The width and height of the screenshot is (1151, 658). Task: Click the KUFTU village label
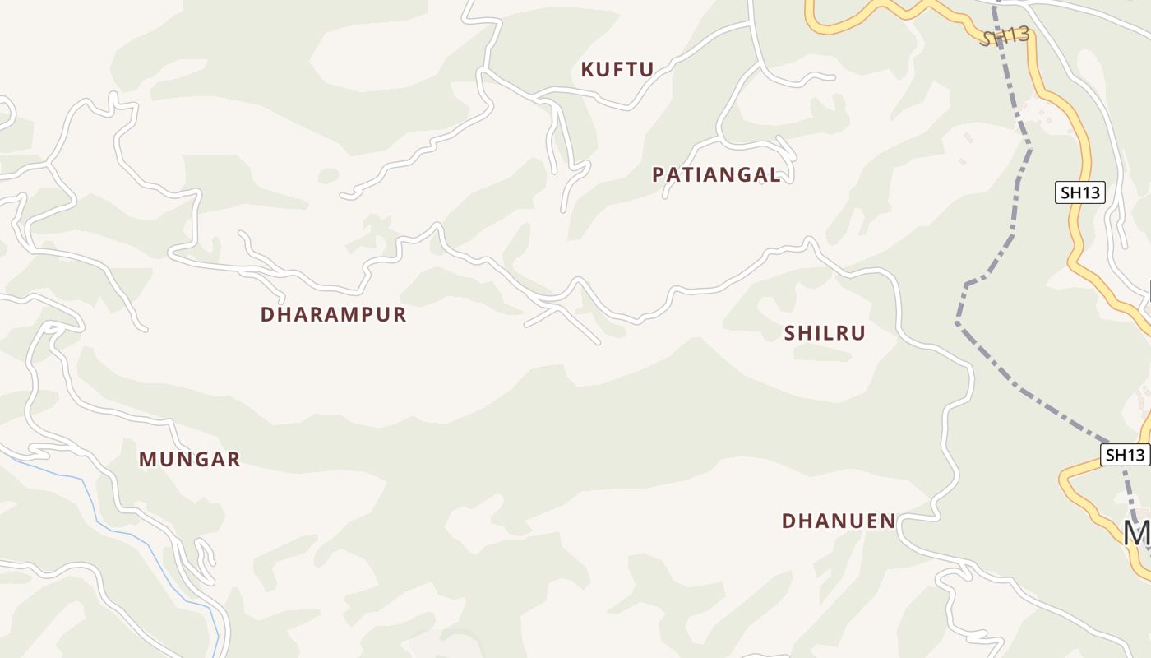[x=617, y=69]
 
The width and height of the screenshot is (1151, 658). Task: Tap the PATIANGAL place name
[x=716, y=174]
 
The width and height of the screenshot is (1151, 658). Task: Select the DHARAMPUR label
[x=333, y=314]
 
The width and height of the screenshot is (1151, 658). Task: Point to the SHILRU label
[x=825, y=333]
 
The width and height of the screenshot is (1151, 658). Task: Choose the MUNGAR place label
[x=189, y=459]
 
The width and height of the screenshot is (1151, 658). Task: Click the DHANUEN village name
[x=838, y=521]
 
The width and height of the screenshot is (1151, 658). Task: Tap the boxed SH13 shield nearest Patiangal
[x=1079, y=193]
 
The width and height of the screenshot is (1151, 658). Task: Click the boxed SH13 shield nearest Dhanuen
[x=1124, y=455]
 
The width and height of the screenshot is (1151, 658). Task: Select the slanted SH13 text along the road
[x=1005, y=36]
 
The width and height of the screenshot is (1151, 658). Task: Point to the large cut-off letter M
[x=1137, y=533]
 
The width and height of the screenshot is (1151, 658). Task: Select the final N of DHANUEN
[x=887, y=521]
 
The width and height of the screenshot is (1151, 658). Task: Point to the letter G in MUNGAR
[x=196, y=459]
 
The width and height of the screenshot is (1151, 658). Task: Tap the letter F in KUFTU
[x=617, y=69]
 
